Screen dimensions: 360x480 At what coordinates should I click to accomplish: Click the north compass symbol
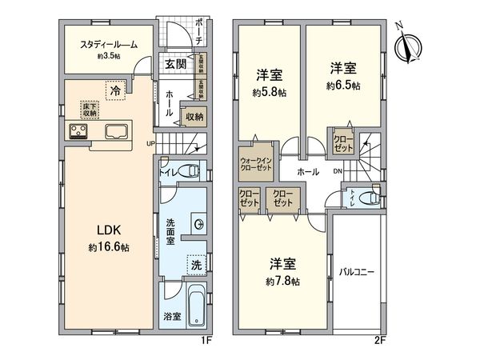tap(410, 45)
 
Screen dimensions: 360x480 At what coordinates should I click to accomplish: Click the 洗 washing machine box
tap(196, 263)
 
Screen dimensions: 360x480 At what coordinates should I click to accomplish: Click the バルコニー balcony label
tap(358, 272)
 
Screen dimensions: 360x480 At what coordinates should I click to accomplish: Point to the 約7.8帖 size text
tap(285, 282)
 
